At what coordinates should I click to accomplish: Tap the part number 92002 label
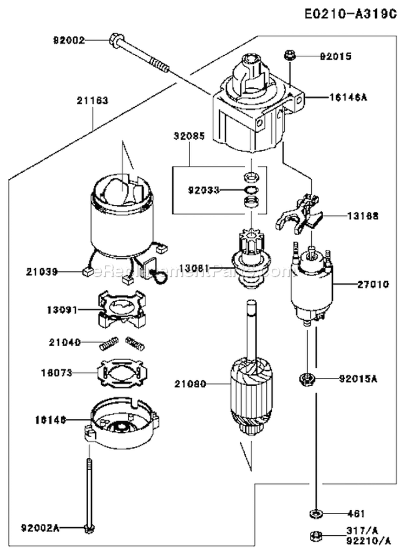69,40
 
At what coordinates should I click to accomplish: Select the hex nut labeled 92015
289,55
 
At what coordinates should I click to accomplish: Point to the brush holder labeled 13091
123,309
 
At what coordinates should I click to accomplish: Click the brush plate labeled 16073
123,373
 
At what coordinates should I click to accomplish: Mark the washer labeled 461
314,513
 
